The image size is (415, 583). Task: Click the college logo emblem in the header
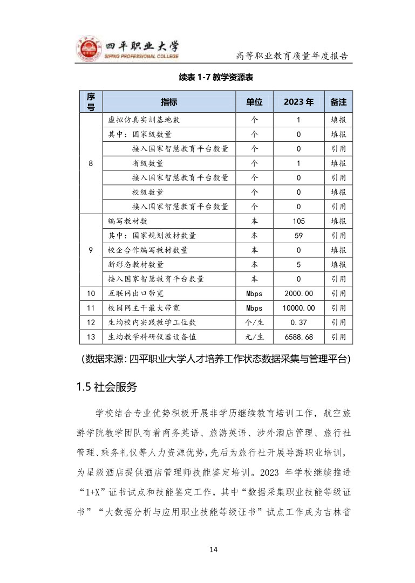[88, 50]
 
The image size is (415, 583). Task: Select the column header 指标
[169, 102]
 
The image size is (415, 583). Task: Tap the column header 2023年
[298, 102]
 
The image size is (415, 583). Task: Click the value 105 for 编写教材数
[298, 221]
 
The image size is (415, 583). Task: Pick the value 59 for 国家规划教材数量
[298, 236]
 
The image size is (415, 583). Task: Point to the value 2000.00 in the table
[298, 293]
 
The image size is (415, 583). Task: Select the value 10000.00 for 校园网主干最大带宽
[298, 308]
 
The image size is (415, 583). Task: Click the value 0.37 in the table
[298, 323]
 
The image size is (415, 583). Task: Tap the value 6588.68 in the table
[298, 337]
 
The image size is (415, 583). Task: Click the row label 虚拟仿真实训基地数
[140, 120]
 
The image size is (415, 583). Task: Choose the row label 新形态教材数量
[135, 265]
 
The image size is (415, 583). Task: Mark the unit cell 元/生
[254, 337]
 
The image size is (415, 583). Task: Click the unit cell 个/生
[254, 323]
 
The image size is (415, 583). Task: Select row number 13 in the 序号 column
[91, 337]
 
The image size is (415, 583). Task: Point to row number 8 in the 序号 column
[91, 163]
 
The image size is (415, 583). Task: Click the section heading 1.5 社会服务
[107, 387]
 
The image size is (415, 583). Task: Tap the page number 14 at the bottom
[214, 549]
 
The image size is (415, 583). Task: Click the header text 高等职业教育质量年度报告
[291, 56]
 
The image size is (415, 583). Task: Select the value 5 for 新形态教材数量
[298, 265]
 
